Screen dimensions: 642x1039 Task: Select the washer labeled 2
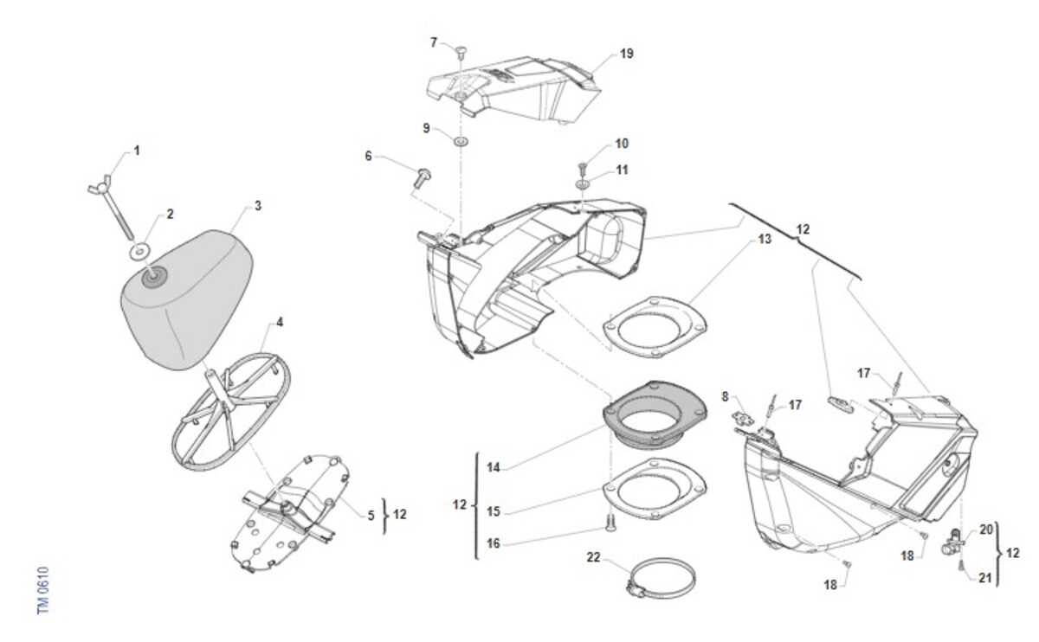pos(139,253)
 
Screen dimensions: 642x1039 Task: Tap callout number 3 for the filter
pos(257,206)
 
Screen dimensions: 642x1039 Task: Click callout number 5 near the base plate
pos(371,515)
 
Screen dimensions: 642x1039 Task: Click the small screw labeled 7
pos(461,53)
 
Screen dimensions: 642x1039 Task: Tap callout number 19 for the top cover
pos(626,54)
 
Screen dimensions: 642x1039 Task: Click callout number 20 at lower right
pos(985,530)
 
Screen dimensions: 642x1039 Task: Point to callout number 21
pos(984,579)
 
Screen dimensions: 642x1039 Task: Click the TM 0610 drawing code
pos(43,590)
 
